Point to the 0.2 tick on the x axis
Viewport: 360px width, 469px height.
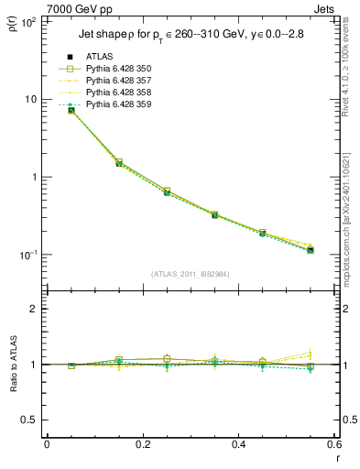pos(142,445)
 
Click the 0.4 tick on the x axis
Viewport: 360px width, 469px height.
pos(238,445)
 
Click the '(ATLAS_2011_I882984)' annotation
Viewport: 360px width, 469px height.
pos(191,274)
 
